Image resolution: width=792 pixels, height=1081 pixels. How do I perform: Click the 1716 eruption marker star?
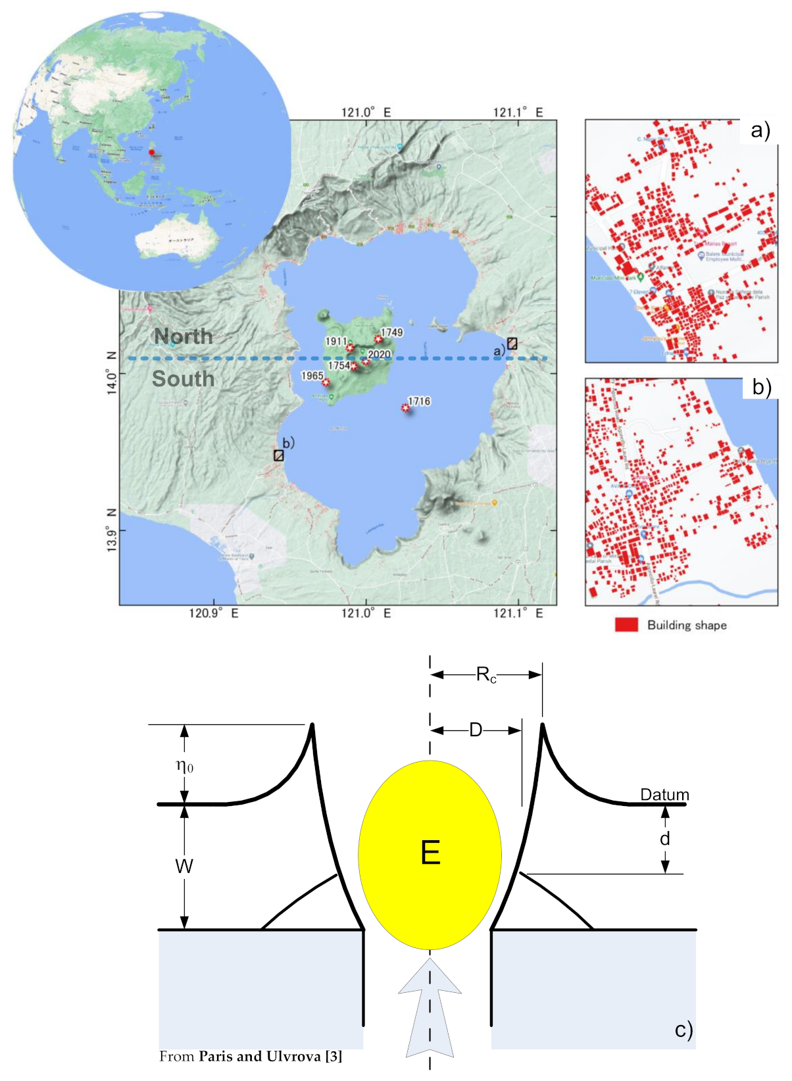406,408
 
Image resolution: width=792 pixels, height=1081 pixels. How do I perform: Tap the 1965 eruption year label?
312,376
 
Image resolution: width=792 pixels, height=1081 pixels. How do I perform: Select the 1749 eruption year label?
392,332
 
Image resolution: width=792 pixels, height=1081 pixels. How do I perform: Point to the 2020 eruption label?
380,355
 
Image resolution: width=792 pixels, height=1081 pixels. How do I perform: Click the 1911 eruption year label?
336,341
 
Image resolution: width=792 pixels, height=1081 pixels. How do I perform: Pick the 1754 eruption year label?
339,365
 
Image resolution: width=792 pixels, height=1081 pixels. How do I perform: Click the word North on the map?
184,336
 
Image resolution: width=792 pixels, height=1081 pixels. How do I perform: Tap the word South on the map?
183,379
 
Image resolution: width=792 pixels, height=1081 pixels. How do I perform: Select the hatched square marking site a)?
512,343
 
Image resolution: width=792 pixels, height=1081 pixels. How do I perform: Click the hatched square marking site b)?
279,455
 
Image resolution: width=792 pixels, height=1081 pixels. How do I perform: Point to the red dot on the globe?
151,153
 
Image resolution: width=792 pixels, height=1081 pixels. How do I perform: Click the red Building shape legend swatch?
626,625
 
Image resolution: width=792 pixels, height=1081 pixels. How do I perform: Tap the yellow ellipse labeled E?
430,854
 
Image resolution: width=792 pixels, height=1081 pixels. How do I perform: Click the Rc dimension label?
486,675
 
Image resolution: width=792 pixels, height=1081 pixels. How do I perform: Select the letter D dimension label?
476,730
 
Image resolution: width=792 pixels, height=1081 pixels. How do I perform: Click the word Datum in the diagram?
664,795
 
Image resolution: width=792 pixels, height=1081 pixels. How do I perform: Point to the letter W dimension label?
184,866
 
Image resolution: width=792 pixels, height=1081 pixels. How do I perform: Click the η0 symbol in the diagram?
185,766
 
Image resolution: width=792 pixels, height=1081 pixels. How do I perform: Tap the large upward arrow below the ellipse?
430,1007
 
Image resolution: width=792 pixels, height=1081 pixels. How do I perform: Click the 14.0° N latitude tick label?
112,374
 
